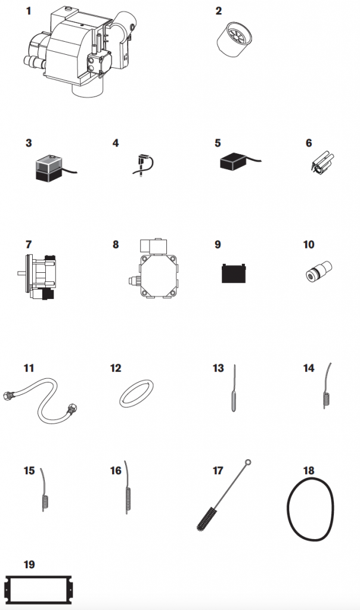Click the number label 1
pos(28,11)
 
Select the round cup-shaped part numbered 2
pos(234,39)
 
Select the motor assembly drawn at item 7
pos(38,276)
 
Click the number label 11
pos(29,368)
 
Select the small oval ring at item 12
pos(136,394)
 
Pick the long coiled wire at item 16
pos(127,498)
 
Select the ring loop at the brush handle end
pos(248,462)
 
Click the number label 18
pos(309,471)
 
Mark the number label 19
pos(29,564)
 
